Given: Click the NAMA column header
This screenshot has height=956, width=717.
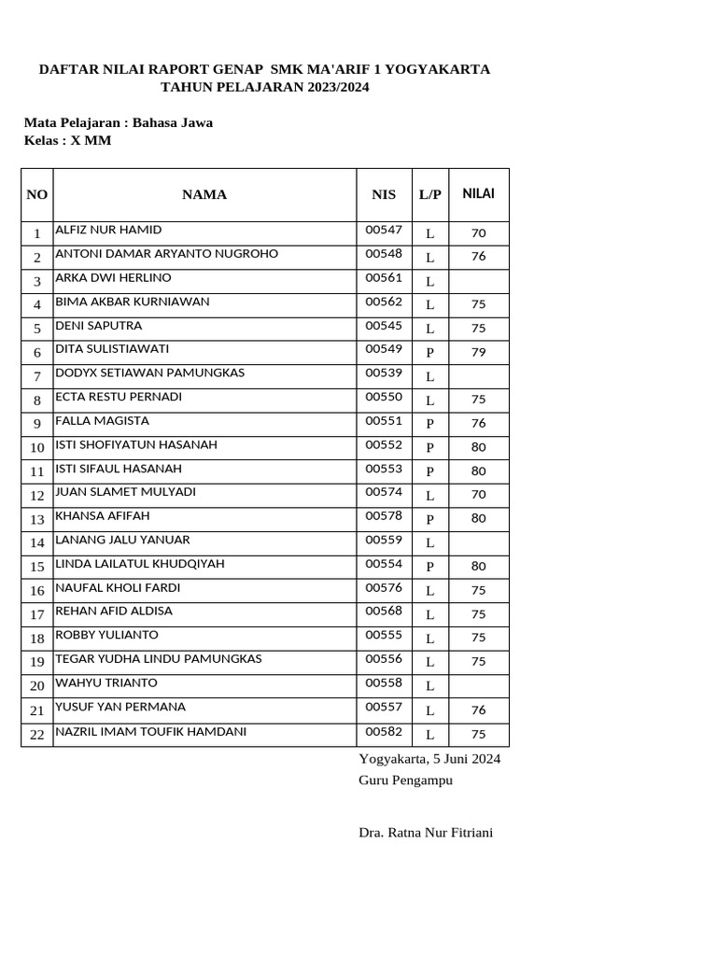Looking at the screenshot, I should click(x=204, y=194).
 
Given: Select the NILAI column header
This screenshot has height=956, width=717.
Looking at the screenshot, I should click(x=479, y=193).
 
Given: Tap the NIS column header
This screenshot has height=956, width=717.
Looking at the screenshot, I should click(x=384, y=194).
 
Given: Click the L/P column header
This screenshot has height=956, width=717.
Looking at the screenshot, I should click(x=430, y=194).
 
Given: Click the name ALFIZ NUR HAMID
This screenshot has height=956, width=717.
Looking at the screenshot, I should click(x=108, y=230).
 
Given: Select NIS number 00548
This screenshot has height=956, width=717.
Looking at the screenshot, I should click(x=384, y=254).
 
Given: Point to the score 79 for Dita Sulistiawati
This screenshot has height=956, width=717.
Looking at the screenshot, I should click(x=479, y=352).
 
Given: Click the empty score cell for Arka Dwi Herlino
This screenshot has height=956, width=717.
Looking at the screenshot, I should click(x=479, y=281).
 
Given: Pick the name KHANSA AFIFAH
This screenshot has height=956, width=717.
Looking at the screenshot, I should click(x=103, y=516).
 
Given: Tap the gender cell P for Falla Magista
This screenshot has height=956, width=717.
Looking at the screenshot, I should click(x=430, y=424).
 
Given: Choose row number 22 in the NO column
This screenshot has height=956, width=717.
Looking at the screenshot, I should click(x=37, y=735).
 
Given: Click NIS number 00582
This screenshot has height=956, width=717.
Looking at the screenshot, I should click(x=384, y=732).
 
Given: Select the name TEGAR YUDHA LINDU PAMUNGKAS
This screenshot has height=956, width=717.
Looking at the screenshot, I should click(x=159, y=659).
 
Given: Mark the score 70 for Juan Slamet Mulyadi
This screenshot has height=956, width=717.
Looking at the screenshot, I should click(x=479, y=495).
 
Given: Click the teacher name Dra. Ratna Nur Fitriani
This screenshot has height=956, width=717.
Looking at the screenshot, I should click(x=426, y=832).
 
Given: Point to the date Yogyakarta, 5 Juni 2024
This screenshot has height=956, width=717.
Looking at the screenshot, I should click(x=429, y=758).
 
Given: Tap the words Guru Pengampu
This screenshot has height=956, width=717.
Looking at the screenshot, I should click(x=405, y=780).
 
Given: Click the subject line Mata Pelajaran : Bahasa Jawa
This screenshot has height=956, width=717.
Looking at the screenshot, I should click(x=119, y=122).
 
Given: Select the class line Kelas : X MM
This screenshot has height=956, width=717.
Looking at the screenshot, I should click(x=67, y=141).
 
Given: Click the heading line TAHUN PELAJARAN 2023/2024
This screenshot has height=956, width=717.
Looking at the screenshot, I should click(x=265, y=87).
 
